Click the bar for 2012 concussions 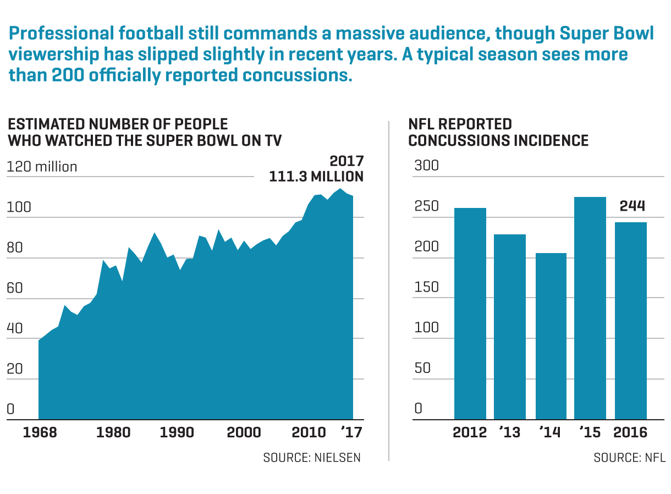[x=470, y=314]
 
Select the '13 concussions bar [x=510, y=327]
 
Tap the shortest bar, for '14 [x=551, y=336]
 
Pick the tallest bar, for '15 [x=590, y=308]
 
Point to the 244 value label [x=632, y=206]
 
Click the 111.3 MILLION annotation [x=316, y=177]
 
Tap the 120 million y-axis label [x=42, y=167]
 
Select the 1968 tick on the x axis [x=40, y=432]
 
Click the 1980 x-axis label [x=114, y=432]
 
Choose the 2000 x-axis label [x=244, y=432]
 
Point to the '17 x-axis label [x=351, y=432]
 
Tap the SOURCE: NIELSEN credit [x=312, y=458]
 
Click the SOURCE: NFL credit [x=629, y=458]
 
